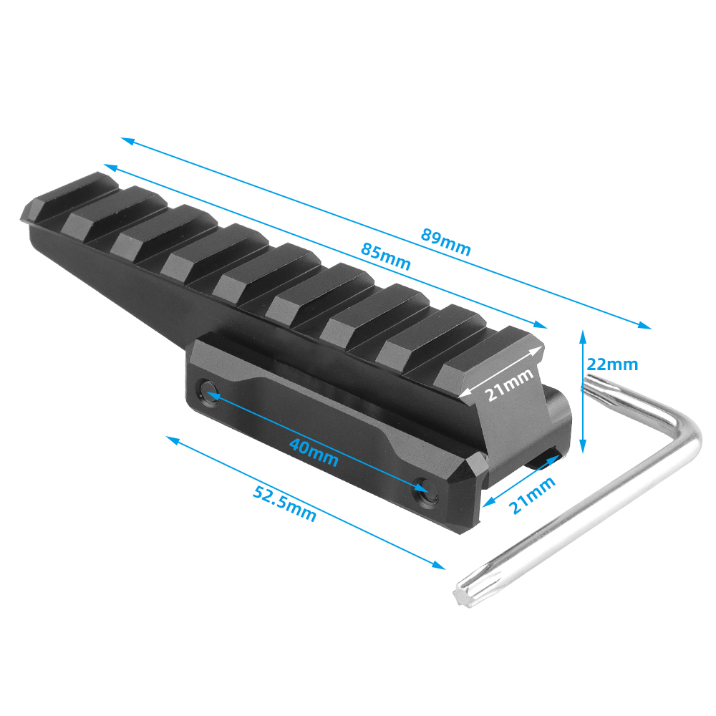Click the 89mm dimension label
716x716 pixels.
445,241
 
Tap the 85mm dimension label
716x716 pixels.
386,256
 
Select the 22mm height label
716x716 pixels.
612,364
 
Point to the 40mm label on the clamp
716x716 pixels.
314,453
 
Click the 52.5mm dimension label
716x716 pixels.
284,503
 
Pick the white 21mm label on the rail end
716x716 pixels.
508,384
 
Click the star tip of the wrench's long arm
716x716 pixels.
462,596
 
